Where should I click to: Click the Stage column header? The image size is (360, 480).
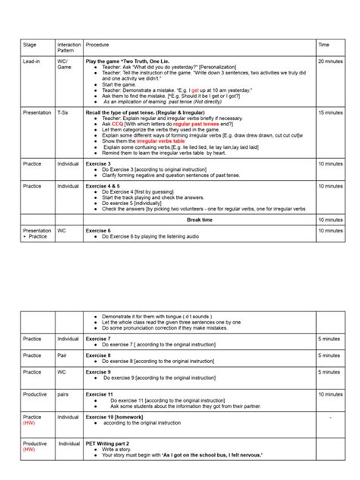coord(30,45)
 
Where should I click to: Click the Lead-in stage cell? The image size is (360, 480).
coord(32,61)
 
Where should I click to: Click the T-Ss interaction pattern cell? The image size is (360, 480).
coord(64,112)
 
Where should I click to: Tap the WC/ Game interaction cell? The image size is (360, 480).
coord(65,64)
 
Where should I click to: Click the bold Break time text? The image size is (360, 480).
coord(201,219)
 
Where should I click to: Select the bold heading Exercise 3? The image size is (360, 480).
coord(98,163)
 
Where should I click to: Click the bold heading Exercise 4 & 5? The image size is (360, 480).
coord(103,185)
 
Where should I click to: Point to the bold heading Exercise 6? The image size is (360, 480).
coord(98,230)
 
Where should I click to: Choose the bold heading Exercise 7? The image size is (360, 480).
coord(98,339)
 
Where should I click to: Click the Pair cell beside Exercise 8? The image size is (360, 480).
coord(63,355)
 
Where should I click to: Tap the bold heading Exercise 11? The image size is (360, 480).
coord(99,395)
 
